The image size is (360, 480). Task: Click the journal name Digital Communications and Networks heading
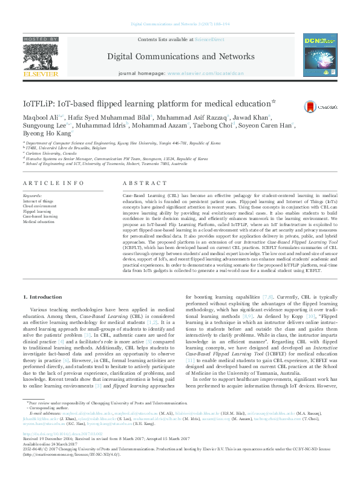click(179, 56)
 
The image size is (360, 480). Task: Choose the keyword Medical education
click(39, 222)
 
